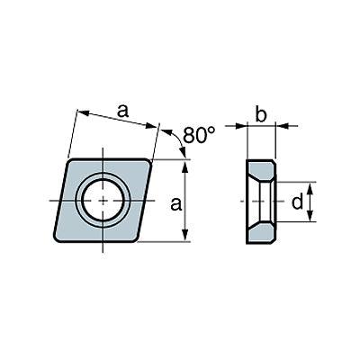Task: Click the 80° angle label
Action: [x=199, y=134]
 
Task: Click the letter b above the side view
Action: [x=261, y=114]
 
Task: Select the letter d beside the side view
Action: [x=298, y=202]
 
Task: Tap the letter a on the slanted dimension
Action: [x=122, y=111]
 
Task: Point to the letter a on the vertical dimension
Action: [x=176, y=204]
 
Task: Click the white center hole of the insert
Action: [x=103, y=201]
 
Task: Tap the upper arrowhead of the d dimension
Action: [x=311, y=188]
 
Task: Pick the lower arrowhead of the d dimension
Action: [x=311, y=216]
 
